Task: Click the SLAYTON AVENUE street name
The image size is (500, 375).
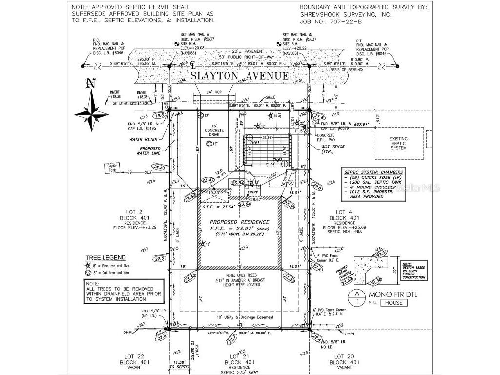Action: (x=239, y=76)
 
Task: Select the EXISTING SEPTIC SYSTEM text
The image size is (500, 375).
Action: (x=398, y=143)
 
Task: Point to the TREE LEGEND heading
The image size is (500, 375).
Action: (x=105, y=257)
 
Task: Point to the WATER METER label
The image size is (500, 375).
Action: (x=143, y=139)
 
